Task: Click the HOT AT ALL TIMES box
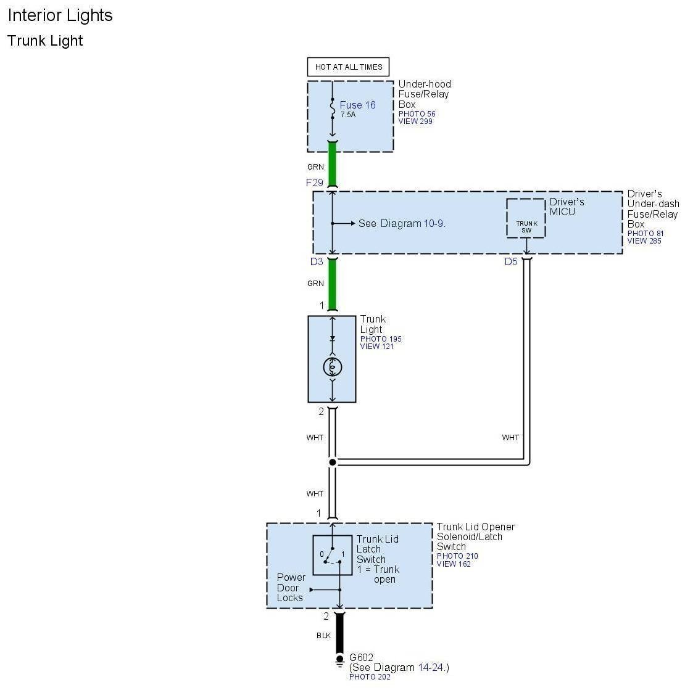(348, 67)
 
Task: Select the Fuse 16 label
(357, 105)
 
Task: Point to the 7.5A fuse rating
(348, 115)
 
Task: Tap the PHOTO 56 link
(417, 114)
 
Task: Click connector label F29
(315, 183)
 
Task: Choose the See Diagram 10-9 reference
(402, 223)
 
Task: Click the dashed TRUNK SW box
(526, 218)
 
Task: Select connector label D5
(511, 261)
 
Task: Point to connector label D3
(317, 261)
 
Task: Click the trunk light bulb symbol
(333, 367)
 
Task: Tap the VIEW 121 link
(376, 347)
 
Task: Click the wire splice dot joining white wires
(333, 462)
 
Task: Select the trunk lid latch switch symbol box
(333, 555)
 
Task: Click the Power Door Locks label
(290, 588)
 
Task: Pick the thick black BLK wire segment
(339, 633)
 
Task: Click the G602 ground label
(362, 657)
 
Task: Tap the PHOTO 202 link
(370, 677)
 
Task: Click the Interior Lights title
(60, 15)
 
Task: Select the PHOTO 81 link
(646, 233)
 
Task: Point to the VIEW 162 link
(455, 564)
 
